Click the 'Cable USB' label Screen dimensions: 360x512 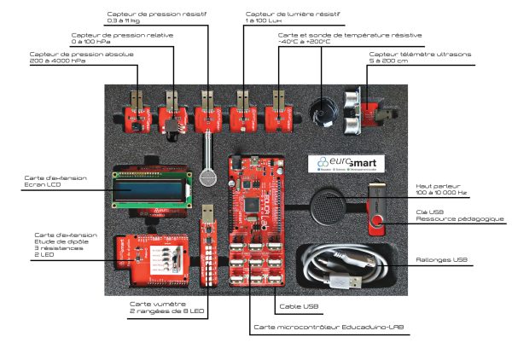click(298, 306)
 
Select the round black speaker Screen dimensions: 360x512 click(329, 206)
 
